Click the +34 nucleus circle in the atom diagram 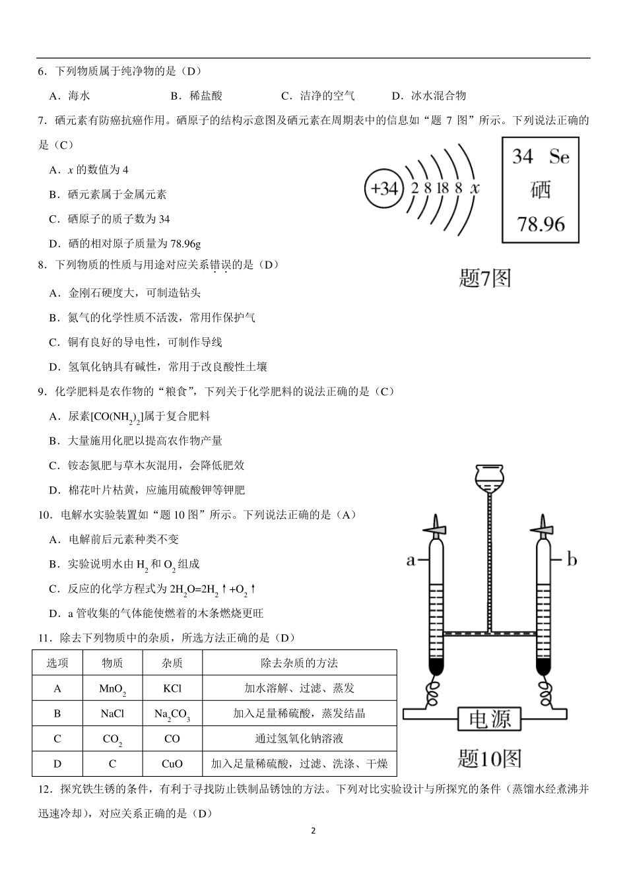click(383, 189)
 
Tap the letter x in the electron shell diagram click(475, 188)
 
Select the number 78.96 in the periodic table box click(541, 224)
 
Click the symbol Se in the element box click(559, 156)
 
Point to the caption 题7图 click(484, 278)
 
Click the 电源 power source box click(490, 719)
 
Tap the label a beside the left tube click(411, 560)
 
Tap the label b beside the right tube click(572, 560)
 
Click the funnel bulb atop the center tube click(489, 475)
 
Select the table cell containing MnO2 click(112, 688)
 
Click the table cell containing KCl click(172, 688)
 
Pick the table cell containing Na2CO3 click(172, 714)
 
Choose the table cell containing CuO click(172, 764)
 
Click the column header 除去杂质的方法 click(299, 663)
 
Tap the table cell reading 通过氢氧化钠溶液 click(299, 739)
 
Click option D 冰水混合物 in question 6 click(429, 96)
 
